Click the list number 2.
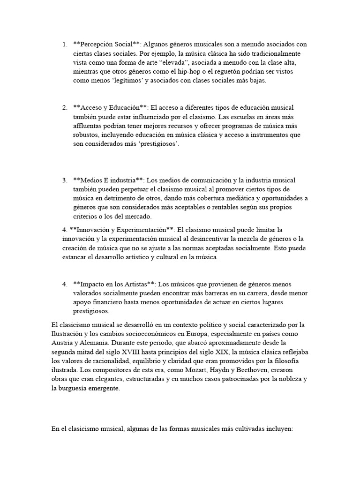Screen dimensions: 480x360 pos(64,108)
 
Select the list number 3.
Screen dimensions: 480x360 pos(64,180)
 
